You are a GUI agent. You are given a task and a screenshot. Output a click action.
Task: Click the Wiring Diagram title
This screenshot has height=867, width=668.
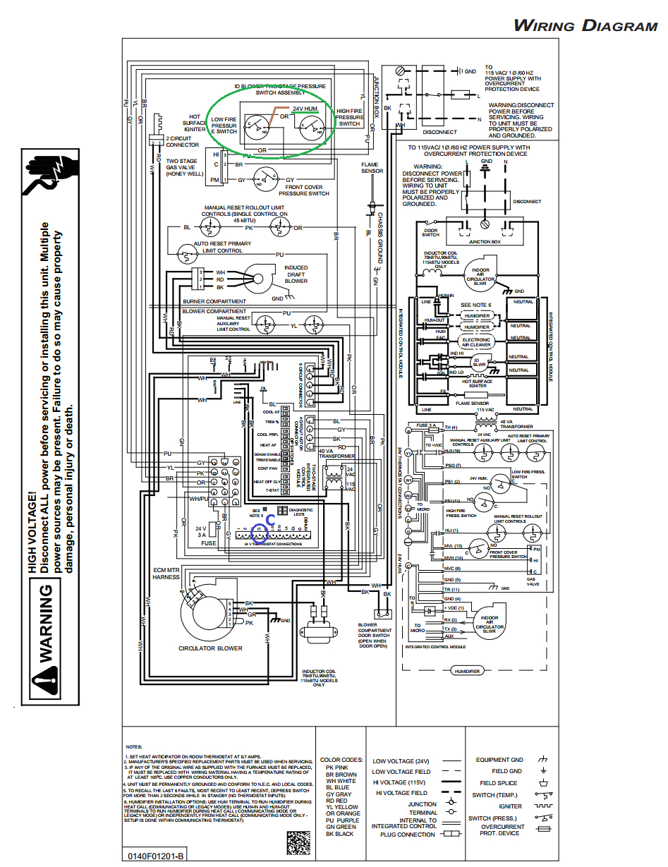(585, 27)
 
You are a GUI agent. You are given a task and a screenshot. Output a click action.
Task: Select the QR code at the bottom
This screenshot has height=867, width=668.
(298, 843)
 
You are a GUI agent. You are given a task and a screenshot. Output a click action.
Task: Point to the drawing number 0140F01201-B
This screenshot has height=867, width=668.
(156, 856)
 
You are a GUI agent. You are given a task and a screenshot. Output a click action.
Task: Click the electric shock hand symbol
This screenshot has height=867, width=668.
(47, 174)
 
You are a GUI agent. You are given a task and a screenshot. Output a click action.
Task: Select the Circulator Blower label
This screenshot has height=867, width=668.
(210, 648)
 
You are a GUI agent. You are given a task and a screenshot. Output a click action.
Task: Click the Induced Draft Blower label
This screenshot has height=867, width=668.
(296, 274)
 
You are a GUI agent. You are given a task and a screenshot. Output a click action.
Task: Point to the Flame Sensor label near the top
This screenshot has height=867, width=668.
(372, 167)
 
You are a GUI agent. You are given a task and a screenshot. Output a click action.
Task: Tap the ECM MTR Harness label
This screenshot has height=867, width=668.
(166, 573)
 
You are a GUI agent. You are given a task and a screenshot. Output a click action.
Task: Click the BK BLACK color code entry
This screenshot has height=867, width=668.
(339, 834)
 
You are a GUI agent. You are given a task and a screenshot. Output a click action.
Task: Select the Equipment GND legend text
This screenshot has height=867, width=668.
(499, 760)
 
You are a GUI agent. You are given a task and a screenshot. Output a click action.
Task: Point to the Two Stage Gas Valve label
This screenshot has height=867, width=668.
(181, 166)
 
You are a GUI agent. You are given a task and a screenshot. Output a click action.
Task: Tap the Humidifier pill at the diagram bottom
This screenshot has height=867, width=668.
(467, 671)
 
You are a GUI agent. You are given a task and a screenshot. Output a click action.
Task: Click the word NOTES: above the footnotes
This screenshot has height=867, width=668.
(134, 746)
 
